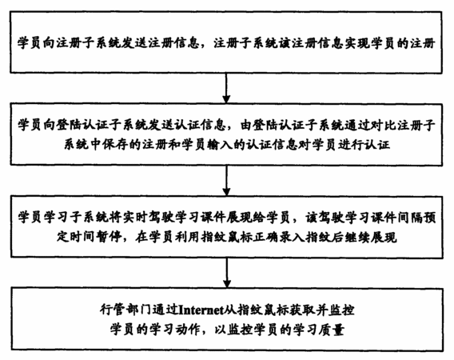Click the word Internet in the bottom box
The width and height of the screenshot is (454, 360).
pyautogui.click(x=201, y=310)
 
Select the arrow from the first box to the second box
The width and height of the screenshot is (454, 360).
pyautogui.click(x=227, y=88)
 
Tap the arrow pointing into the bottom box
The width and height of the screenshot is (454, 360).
pyautogui.click(x=227, y=273)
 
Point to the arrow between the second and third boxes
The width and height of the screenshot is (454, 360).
pyautogui.click(x=227, y=180)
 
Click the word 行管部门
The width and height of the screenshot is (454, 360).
pyautogui.click(x=125, y=310)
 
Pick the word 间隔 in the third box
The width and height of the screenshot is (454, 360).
pyautogui.click(x=410, y=218)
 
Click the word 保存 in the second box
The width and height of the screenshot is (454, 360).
pyautogui.click(x=114, y=144)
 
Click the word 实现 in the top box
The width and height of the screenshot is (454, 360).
pyautogui.click(x=357, y=43)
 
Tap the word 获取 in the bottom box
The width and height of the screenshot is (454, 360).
pyautogui.click(x=303, y=310)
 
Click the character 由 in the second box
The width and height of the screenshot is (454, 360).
pyautogui.click(x=246, y=126)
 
